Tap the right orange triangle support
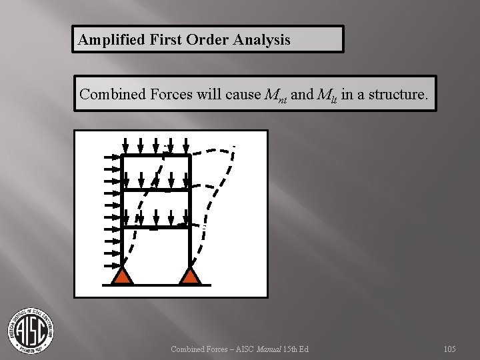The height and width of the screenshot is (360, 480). click(x=191, y=275)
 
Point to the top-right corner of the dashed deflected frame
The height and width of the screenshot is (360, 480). click(x=233, y=147)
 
